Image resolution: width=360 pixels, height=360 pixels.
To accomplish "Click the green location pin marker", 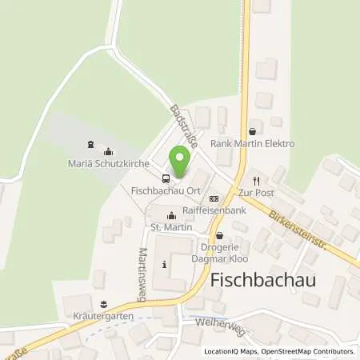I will coord(181,164).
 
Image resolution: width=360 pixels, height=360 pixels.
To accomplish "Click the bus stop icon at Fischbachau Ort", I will coord(166,178).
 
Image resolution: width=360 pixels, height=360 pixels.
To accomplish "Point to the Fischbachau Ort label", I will coord(164,190).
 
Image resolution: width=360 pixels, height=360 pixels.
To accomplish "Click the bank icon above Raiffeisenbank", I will coord(213,198).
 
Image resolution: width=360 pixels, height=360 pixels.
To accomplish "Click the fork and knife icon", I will coord(256,180).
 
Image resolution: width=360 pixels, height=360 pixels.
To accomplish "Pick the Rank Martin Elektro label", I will coord(252,144).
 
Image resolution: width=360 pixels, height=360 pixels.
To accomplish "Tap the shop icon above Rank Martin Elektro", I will coord(252,131).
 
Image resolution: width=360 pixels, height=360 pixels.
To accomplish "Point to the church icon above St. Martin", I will coord(170,215).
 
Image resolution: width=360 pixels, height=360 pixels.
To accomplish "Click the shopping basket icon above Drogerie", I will coord(219,236).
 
